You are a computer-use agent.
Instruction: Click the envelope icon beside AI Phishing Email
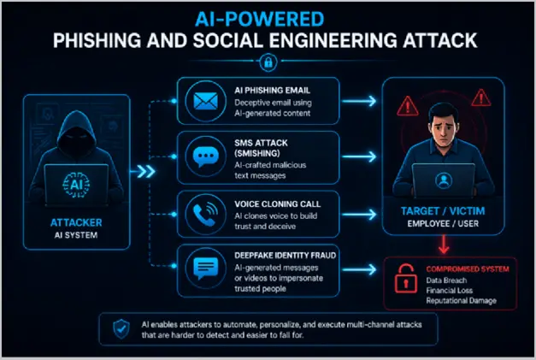205,101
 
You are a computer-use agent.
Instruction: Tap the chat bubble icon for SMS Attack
205,156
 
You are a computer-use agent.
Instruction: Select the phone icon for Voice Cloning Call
205,215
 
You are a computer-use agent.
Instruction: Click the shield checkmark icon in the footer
121,329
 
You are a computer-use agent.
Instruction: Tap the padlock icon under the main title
268,62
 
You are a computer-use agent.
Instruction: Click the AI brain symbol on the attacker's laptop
76,185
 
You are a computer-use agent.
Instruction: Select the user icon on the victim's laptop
444,180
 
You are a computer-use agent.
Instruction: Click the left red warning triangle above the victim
408,106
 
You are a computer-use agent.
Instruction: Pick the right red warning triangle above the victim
481,97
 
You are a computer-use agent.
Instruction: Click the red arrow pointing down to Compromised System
444,245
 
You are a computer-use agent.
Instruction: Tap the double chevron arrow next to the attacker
146,171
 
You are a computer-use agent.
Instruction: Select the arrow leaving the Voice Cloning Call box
359,215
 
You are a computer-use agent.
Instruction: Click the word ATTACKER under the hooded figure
76,222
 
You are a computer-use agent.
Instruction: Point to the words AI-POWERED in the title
260,19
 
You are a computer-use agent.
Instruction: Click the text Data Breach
446,280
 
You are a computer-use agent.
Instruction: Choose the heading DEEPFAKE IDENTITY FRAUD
285,256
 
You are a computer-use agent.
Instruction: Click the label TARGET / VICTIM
443,211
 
